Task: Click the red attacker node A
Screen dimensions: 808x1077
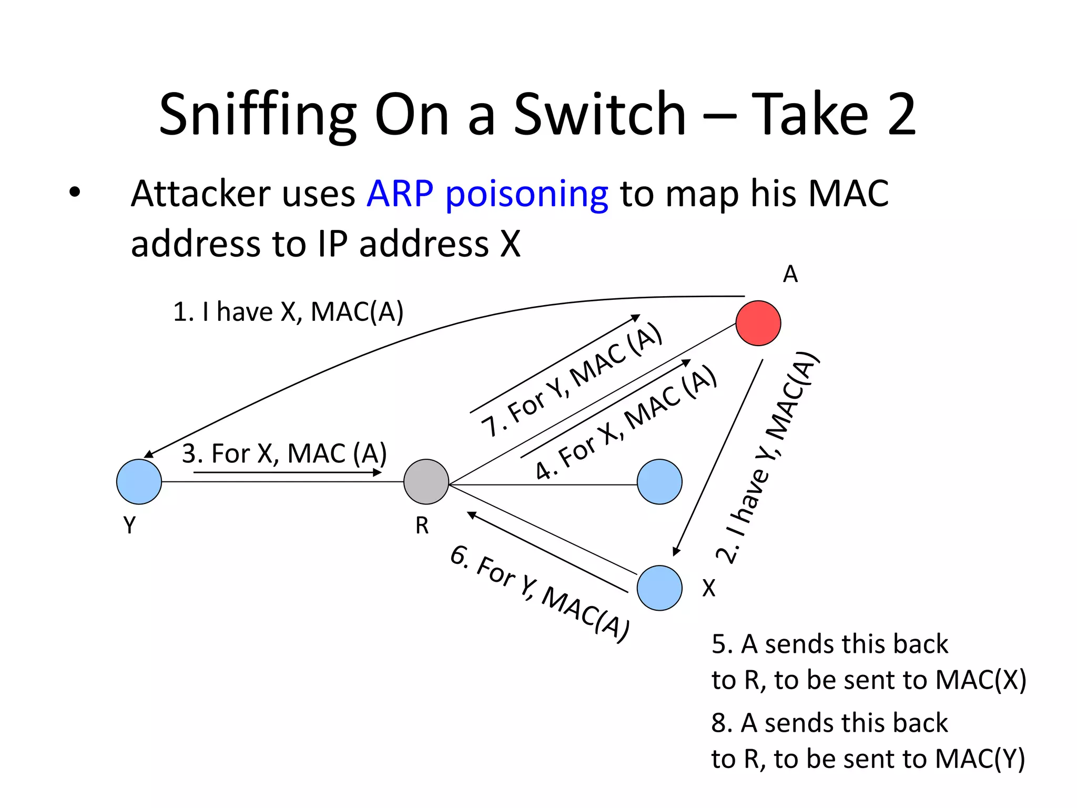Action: click(758, 323)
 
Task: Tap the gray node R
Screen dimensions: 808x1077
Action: click(426, 482)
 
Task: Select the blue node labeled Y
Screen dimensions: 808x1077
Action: click(139, 482)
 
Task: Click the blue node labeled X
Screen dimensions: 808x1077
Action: click(659, 588)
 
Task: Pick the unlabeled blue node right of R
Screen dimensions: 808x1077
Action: click(659, 482)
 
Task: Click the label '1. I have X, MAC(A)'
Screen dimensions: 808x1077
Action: click(288, 312)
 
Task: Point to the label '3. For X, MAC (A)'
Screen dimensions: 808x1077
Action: click(285, 453)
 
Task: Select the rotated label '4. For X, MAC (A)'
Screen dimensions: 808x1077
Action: click(626, 422)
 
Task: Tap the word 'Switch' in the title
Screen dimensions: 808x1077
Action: click(600, 114)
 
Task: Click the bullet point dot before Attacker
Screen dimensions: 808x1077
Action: click(75, 193)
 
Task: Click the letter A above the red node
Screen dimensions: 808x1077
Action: click(790, 274)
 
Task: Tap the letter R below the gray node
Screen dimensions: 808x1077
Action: click(422, 526)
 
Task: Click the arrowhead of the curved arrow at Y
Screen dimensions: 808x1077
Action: click(148, 454)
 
